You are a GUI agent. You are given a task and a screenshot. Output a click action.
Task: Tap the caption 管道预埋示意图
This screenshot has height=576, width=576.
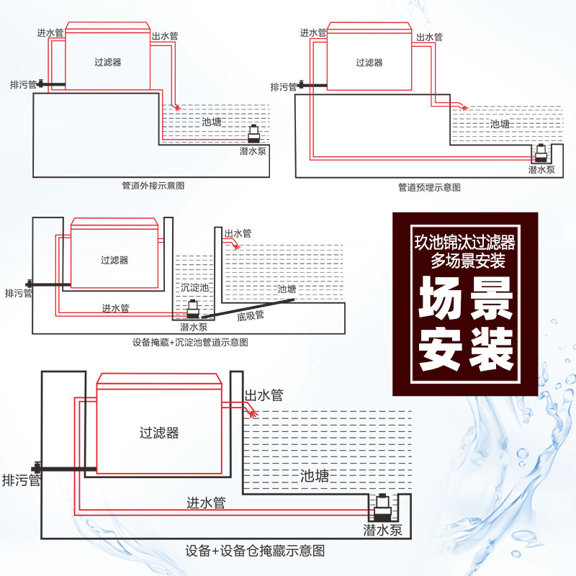tap(429, 187)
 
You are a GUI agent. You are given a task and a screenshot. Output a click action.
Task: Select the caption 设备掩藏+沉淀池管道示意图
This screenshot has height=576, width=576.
tap(191, 343)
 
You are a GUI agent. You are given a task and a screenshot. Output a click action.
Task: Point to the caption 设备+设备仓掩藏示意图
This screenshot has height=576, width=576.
tap(255, 552)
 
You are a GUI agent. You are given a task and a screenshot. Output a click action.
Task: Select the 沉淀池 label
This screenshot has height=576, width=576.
tap(195, 287)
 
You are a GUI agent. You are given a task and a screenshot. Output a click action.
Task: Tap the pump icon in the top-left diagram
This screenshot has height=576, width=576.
tap(256, 134)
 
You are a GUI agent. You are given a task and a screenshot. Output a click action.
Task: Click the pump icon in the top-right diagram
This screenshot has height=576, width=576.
tap(540, 153)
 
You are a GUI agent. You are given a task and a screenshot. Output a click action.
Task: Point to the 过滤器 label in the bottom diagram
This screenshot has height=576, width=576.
tap(159, 433)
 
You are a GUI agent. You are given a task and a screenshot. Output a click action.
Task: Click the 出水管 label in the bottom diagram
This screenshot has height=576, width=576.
tap(264, 395)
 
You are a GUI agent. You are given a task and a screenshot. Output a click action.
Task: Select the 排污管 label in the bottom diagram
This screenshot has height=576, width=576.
tap(21, 480)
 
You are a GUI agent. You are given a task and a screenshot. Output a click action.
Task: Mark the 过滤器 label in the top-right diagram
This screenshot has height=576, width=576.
tap(369, 63)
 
